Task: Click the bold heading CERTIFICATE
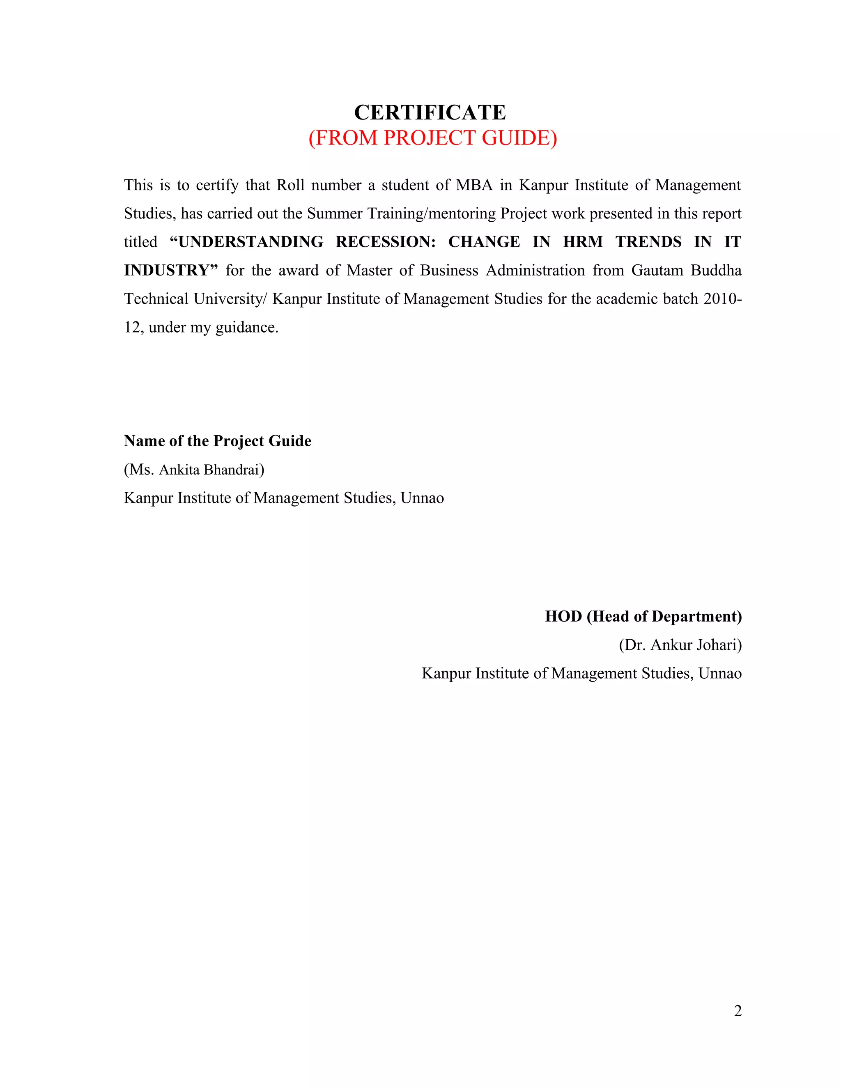pos(430,112)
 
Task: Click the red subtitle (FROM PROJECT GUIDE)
pos(432,138)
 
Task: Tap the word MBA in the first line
pos(474,185)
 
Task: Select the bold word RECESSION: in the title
pos(386,242)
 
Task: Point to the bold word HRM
pos(583,242)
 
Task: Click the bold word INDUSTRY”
pos(171,271)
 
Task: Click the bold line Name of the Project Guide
pos(218,441)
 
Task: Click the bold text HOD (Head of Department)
pos(643,617)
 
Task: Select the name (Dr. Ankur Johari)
pos(680,645)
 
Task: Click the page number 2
pos(738,1011)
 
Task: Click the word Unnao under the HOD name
pos(720,673)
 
